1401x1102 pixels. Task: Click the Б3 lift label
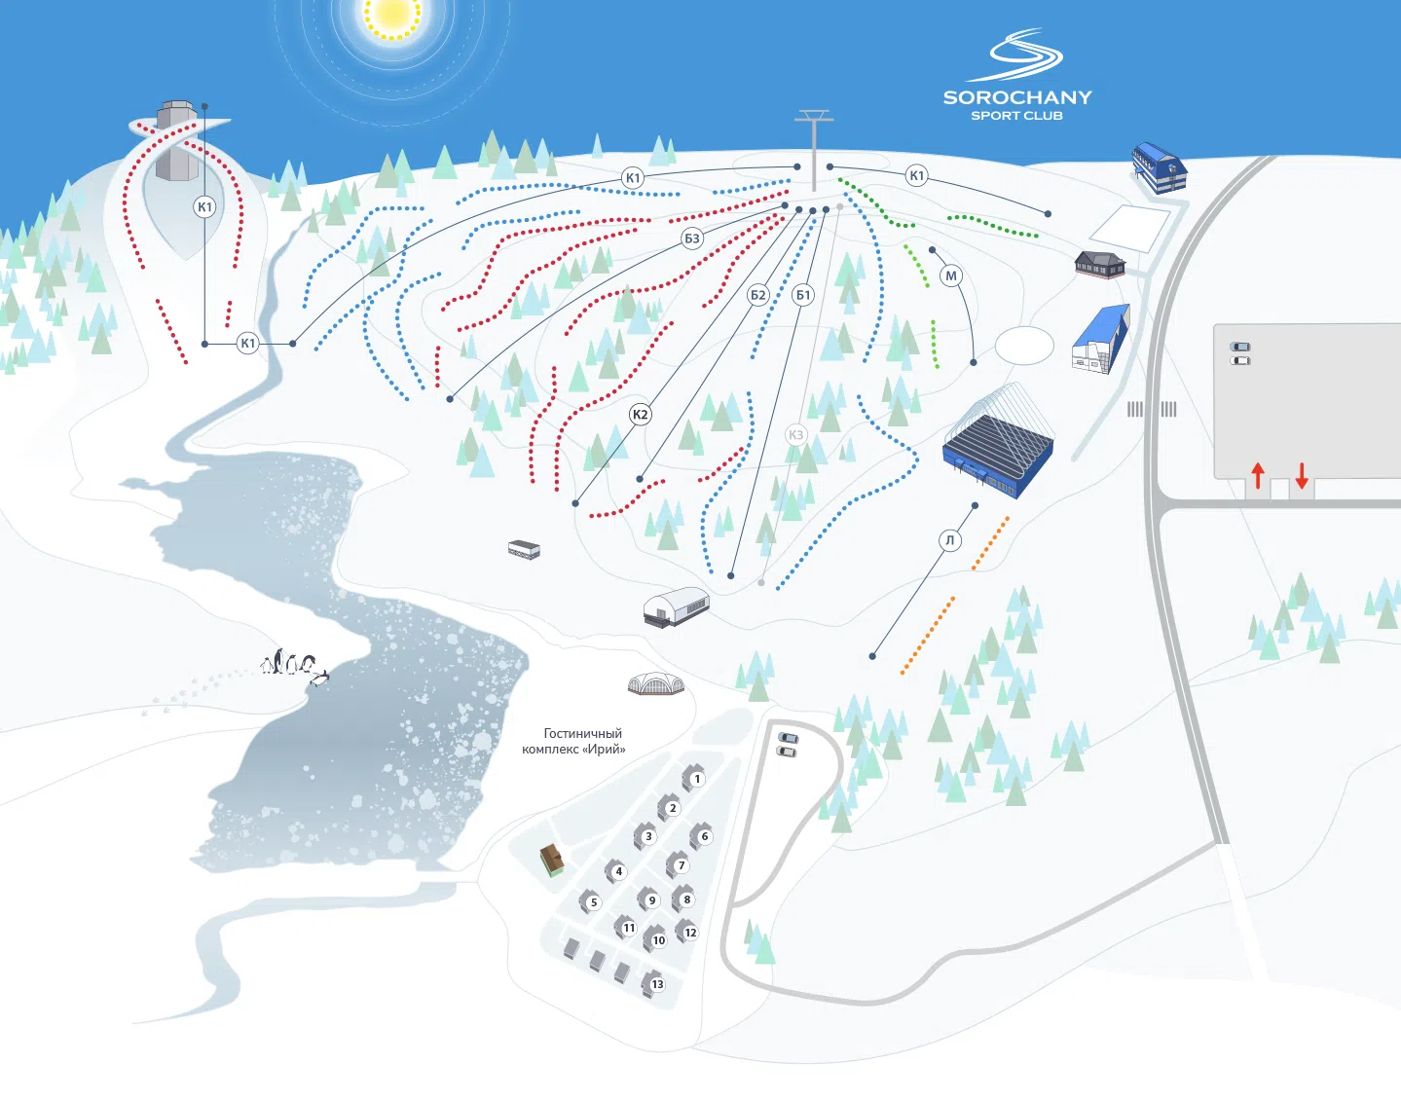coord(691,239)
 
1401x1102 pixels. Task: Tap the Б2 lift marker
coord(757,296)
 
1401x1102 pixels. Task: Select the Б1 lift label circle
coord(803,296)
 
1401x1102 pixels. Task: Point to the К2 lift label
coord(640,415)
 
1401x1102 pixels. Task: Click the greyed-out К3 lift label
coord(795,435)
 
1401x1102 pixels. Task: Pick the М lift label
coord(951,276)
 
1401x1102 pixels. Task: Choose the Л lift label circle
coord(950,540)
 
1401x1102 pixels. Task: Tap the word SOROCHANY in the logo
coord(1017,97)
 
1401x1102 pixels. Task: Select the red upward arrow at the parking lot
coord(1258,476)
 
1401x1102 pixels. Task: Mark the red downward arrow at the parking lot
coord(1302,476)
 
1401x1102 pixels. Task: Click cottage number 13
coord(655,983)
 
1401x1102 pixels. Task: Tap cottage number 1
coord(694,778)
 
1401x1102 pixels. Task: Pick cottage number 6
coord(702,836)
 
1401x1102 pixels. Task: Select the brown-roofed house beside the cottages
coord(552,861)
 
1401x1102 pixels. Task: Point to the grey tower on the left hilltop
coord(177,140)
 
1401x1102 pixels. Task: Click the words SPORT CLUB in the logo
coord(1016,116)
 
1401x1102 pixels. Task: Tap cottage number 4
coord(616,871)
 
